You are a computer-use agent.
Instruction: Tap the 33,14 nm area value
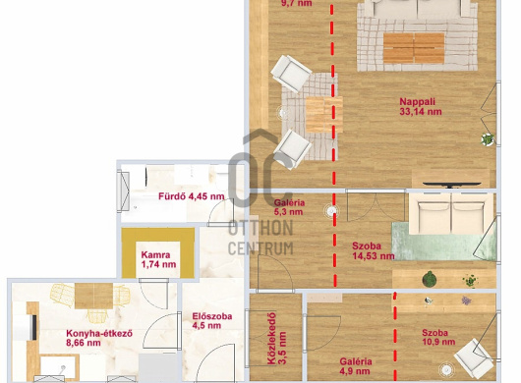(421, 112)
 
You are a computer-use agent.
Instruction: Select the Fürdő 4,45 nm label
(192, 196)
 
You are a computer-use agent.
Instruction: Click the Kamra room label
(155, 255)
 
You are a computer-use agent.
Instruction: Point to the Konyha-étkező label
(99, 333)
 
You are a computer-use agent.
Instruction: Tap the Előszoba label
(212, 316)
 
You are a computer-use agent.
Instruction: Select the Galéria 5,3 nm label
(289, 207)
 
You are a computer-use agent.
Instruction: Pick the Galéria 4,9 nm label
(356, 366)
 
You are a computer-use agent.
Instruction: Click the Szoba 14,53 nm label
(374, 250)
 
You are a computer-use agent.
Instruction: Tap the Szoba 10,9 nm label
(438, 337)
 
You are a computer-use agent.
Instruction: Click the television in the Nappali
(451, 185)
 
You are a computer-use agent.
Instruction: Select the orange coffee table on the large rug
(414, 48)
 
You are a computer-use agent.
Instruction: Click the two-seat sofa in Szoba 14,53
(451, 213)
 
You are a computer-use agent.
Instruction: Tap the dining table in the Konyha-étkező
(93, 296)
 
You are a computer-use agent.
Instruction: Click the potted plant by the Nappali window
(488, 139)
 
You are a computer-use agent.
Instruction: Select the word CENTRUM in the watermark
(260, 247)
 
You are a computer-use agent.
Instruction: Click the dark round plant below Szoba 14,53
(430, 279)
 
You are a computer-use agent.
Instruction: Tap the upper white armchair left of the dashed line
(291, 74)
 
